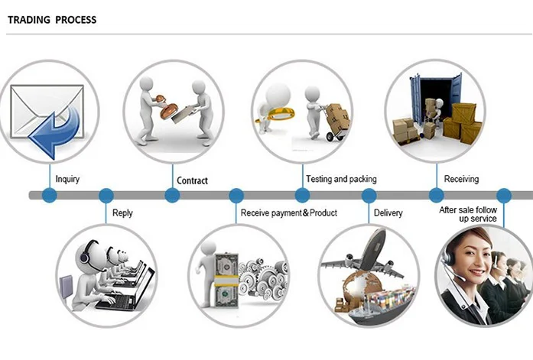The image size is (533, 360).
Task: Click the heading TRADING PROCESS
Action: pyautogui.click(x=52, y=20)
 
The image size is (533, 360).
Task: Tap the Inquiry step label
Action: pyautogui.click(x=67, y=179)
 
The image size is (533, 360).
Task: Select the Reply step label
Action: pyautogui.click(x=122, y=213)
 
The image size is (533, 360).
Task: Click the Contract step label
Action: pyautogui.click(x=192, y=180)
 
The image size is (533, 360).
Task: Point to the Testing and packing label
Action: pyautogui.click(x=341, y=179)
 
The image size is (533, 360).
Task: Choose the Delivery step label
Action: pyautogui.click(x=388, y=213)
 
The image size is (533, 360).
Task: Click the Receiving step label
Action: pyautogui.click(x=461, y=179)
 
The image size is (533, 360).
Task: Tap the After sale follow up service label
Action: pyautogui.click(x=468, y=214)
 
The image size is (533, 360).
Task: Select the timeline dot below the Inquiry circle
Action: pyautogui.click(x=49, y=195)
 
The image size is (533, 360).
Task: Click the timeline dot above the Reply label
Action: pyautogui.click(x=106, y=195)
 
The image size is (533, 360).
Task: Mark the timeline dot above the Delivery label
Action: pyautogui.click(x=369, y=195)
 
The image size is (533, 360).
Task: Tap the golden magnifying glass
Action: pyautogui.click(x=277, y=114)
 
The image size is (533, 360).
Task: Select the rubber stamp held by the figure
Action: pyautogui.click(x=167, y=107)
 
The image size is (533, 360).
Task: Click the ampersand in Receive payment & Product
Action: pyautogui.click(x=306, y=213)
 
